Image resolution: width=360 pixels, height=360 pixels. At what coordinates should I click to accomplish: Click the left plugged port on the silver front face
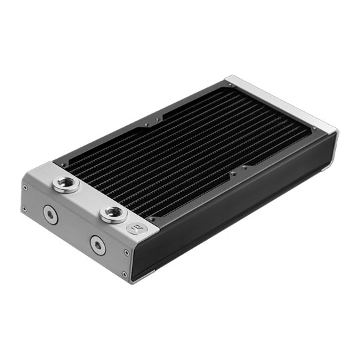[49, 213]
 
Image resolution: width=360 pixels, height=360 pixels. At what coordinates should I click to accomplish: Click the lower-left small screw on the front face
[25, 208]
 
